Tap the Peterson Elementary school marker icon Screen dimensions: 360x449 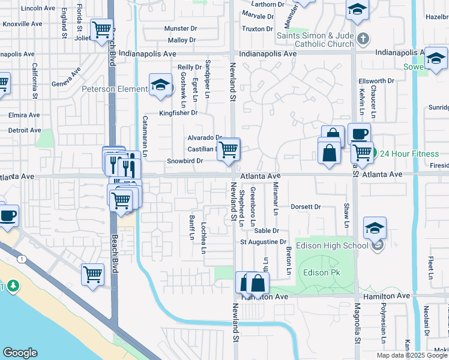[161, 87]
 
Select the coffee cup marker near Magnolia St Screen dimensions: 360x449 [359, 134]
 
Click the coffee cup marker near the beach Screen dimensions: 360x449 [7, 216]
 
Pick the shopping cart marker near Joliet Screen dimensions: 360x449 [101, 29]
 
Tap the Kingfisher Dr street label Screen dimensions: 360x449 [178, 113]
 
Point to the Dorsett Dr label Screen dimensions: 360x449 [306, 207]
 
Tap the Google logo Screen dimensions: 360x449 [20, 353]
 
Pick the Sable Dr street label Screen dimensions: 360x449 [267, 230]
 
